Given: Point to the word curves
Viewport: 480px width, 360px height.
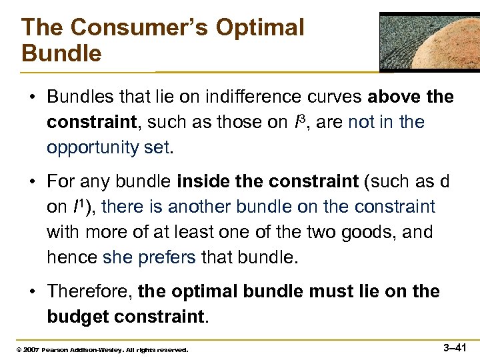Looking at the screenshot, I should coord(329,97).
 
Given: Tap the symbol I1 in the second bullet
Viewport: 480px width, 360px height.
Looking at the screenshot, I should coord(77,207).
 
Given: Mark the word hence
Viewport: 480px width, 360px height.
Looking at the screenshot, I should coord(71,257).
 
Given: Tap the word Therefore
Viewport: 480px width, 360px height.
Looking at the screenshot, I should coord(89,292).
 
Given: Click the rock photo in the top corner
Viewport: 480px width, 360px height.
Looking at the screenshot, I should coord(429,41).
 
